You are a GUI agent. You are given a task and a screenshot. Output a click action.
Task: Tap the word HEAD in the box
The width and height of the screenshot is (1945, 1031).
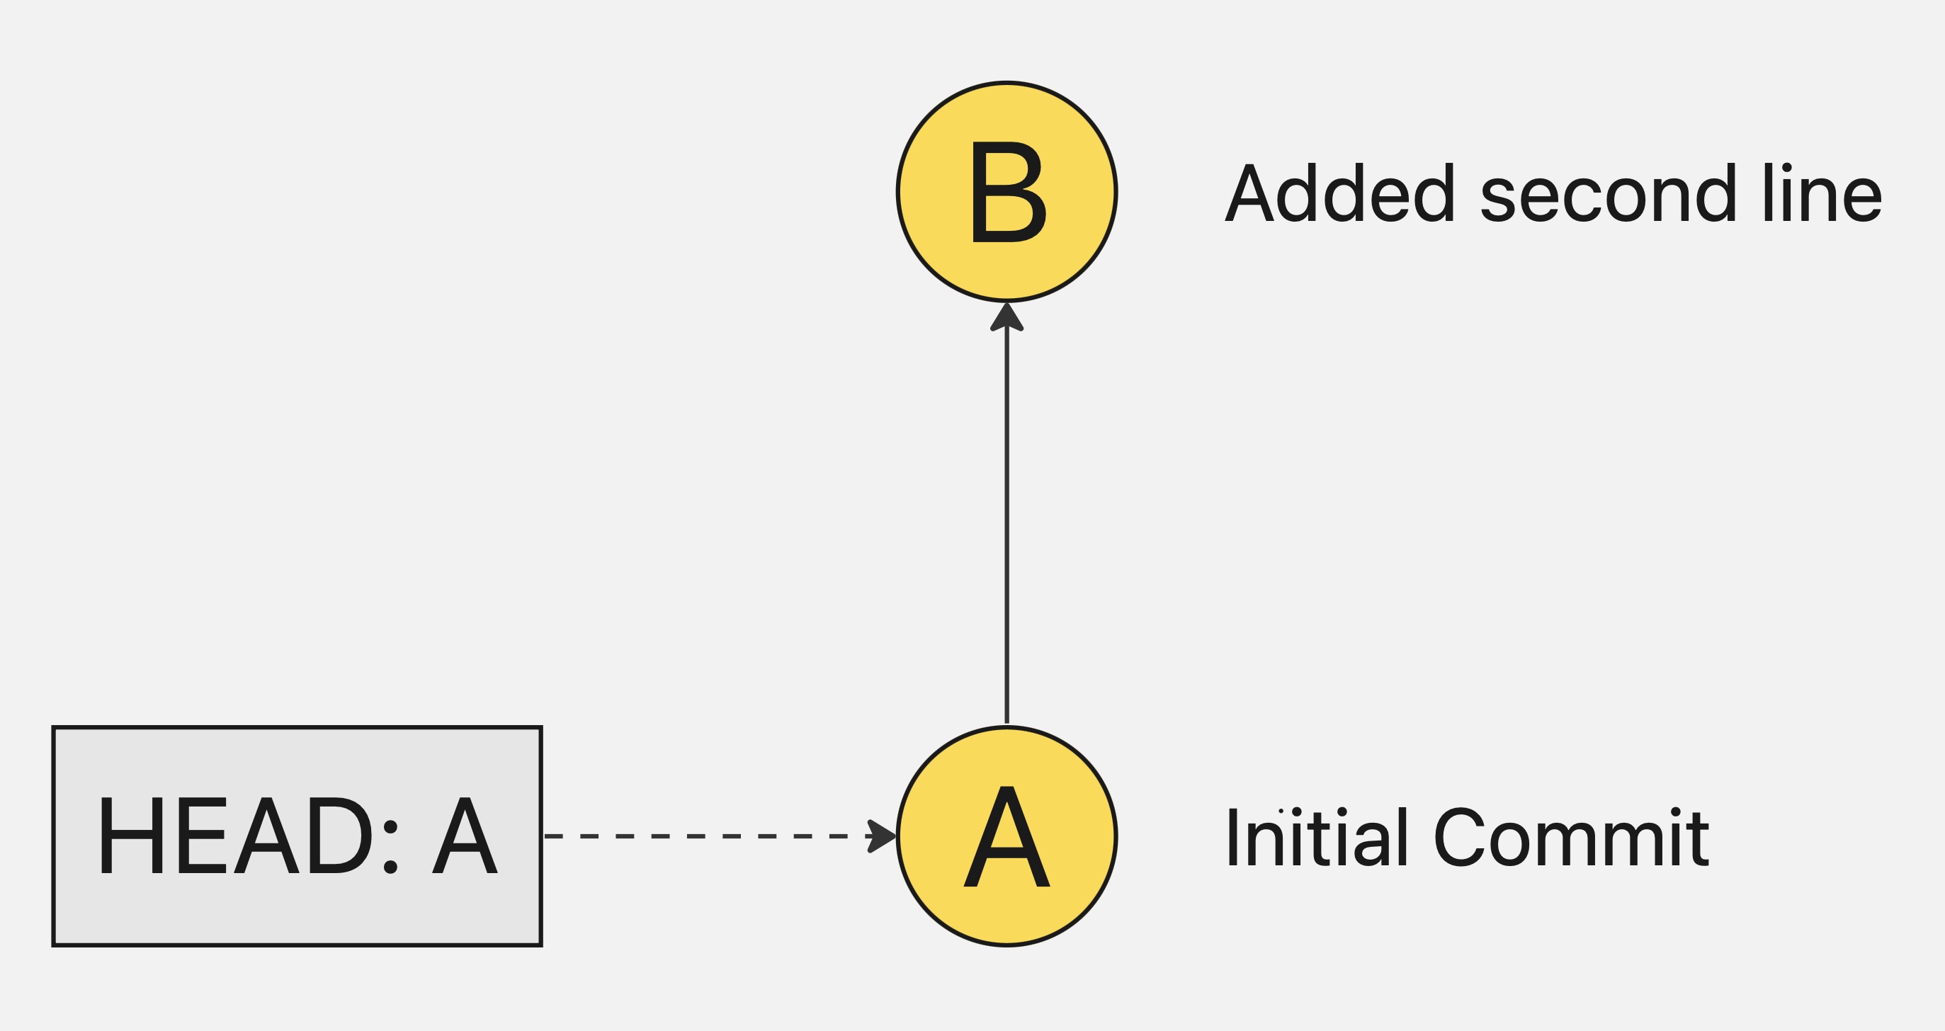[x=234, y=836]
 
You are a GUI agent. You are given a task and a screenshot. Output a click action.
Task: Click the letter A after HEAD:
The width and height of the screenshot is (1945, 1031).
[x=465, y=836]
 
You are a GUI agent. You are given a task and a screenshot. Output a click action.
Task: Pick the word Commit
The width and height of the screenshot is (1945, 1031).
[x=1570, y=838]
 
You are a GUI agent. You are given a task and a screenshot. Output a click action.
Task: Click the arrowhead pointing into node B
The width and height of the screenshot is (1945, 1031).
[x=1006, y=318]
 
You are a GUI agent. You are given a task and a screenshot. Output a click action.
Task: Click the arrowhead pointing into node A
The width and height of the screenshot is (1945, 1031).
[x=881, y=836]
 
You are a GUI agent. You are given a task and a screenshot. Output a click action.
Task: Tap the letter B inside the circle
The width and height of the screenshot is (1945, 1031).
[x=1007, y=193]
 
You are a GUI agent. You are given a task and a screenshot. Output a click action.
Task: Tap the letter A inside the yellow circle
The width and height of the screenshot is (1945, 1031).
[x=1006, y=838]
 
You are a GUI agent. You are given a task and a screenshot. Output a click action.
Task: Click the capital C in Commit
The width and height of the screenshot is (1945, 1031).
[x=1460, y=838]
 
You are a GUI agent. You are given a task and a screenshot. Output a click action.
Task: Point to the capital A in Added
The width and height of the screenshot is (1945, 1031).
[x=1249, y=194]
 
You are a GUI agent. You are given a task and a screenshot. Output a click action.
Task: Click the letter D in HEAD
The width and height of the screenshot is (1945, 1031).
[x=344, y=836]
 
